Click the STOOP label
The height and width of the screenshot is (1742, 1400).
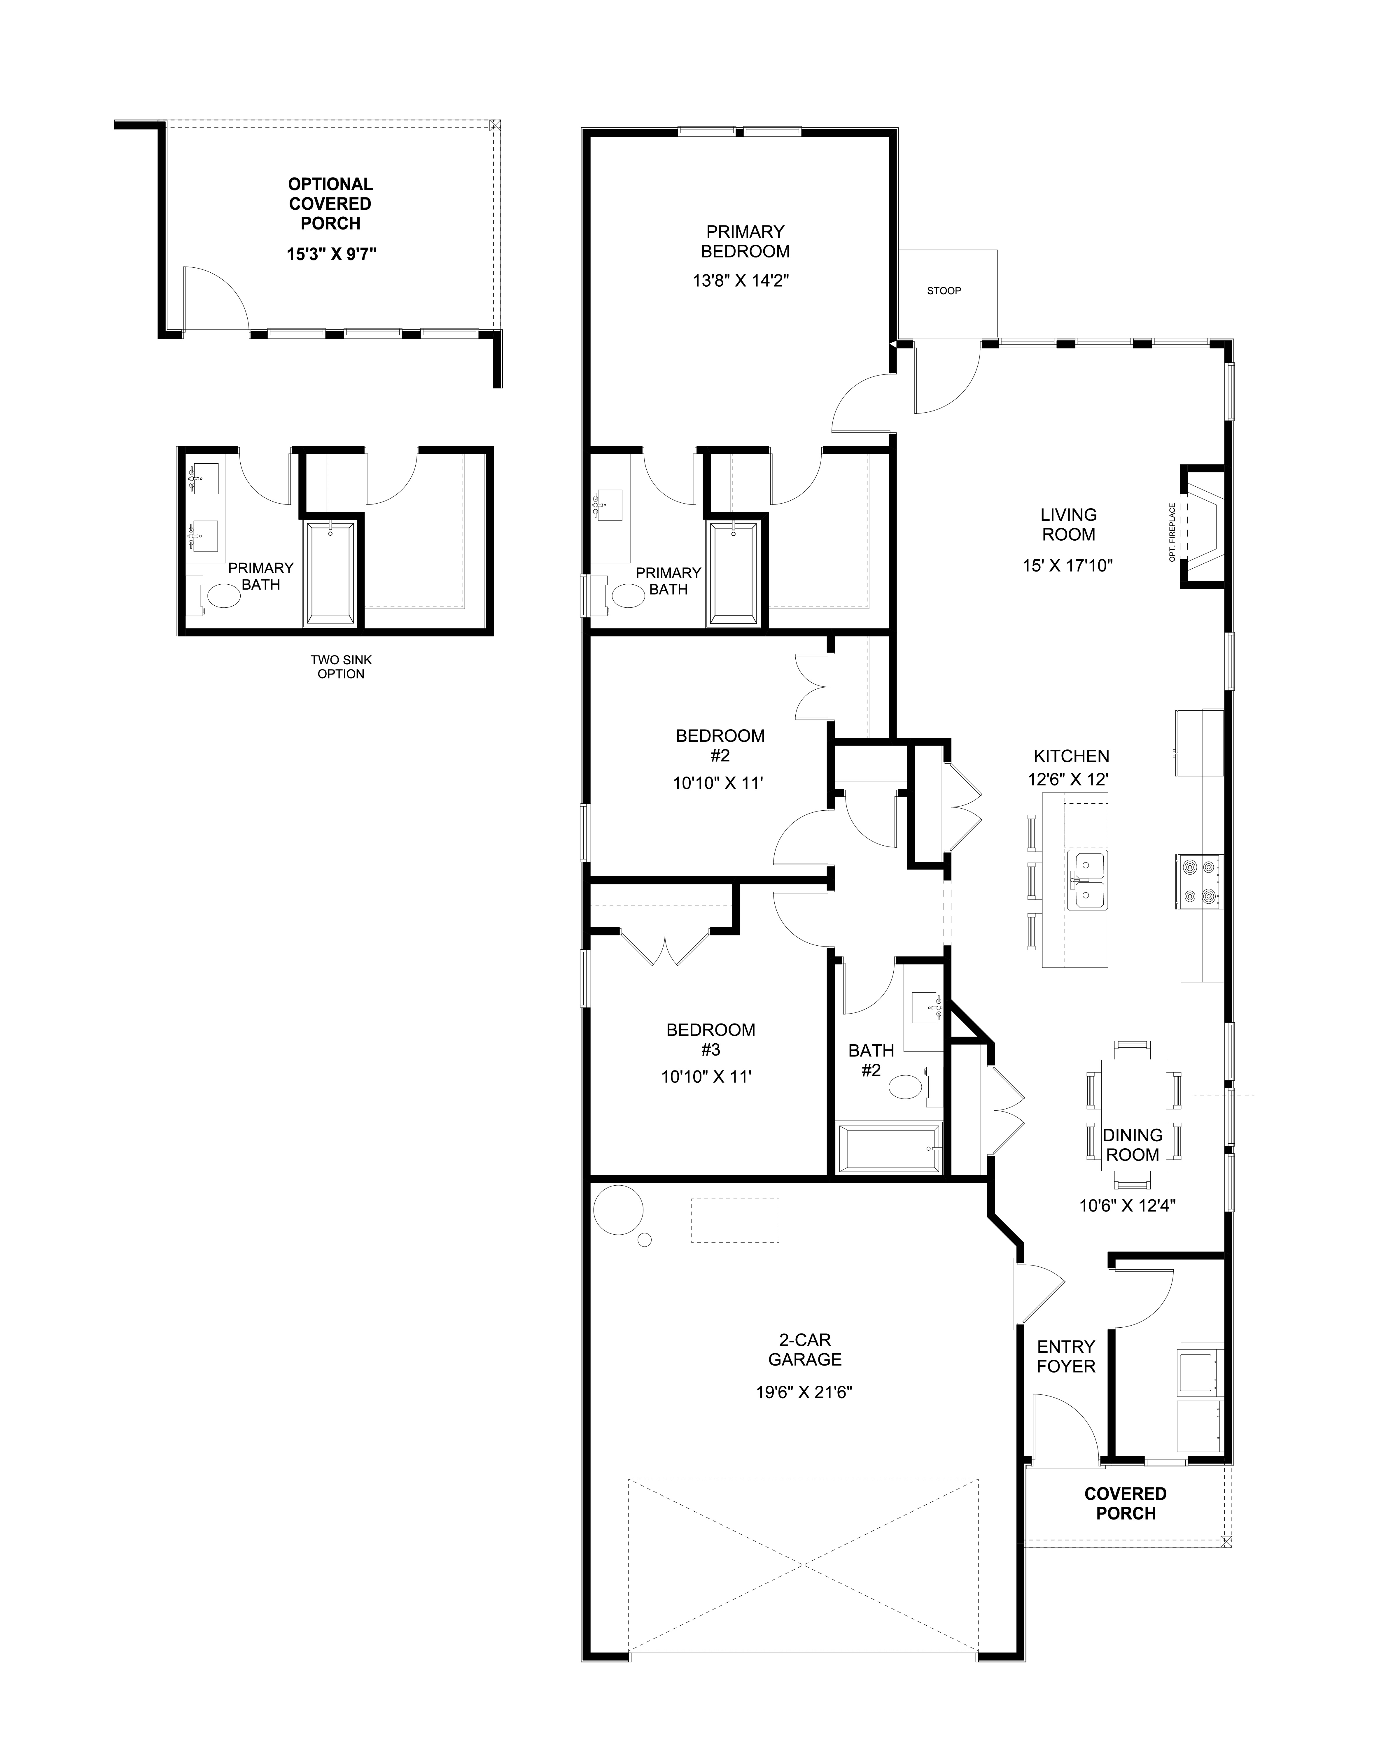tap(943, 291)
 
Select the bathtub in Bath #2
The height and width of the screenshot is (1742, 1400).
tap(888, 1147)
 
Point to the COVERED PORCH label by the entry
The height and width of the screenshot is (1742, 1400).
tap(1125, 1503)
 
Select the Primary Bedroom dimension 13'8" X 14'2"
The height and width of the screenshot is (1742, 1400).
tap(741, 280)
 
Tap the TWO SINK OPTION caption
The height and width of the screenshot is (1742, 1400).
tap(340, 667)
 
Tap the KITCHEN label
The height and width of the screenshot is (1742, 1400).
tap(1071, 756)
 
